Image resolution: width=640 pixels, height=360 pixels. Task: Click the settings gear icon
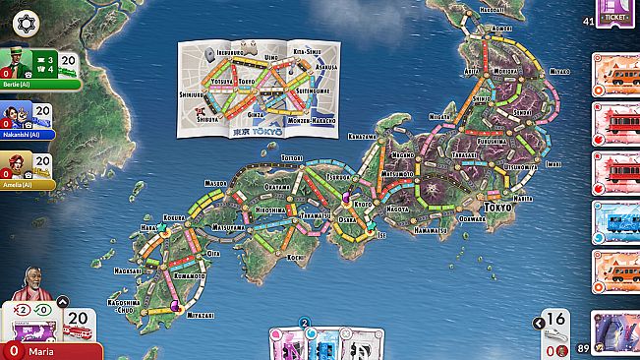(24, 21)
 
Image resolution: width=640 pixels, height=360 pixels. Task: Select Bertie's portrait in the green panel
(14, 65)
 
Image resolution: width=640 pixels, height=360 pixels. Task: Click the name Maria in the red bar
(40, 351)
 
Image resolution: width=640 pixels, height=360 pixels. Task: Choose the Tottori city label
(292, 156)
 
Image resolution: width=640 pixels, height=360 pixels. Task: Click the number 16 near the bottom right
(556, 318)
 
